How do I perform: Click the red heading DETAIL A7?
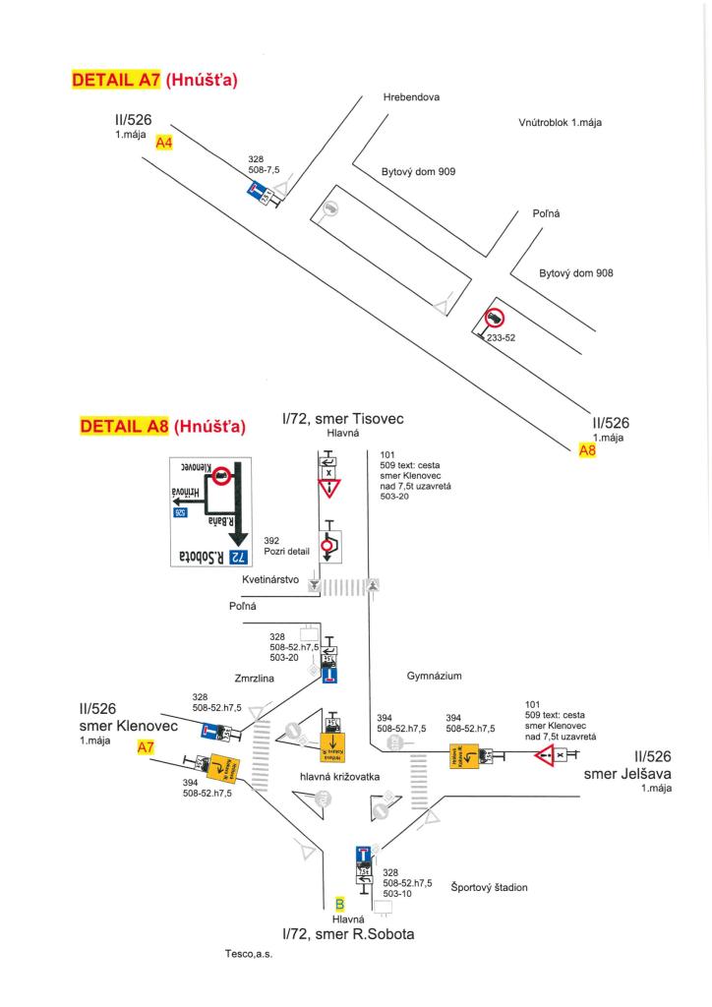(x=115, y=80)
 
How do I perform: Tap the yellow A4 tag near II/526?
(x=164, y=144)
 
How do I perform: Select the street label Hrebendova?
(x=411, y=98)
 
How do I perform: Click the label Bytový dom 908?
(x=576, y=273)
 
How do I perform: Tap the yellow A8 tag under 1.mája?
(x=587, y=449)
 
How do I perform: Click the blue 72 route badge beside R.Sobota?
(x=237, y=557)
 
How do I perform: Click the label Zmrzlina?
(x=253, y=679)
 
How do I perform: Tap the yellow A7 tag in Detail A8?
(x=146, y=747)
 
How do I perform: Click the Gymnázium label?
(x=434, y=677)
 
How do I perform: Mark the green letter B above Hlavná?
(x=339, y=904)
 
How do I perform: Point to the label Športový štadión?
(x=489, y=887)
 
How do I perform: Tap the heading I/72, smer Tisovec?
(x=342, y=420)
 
